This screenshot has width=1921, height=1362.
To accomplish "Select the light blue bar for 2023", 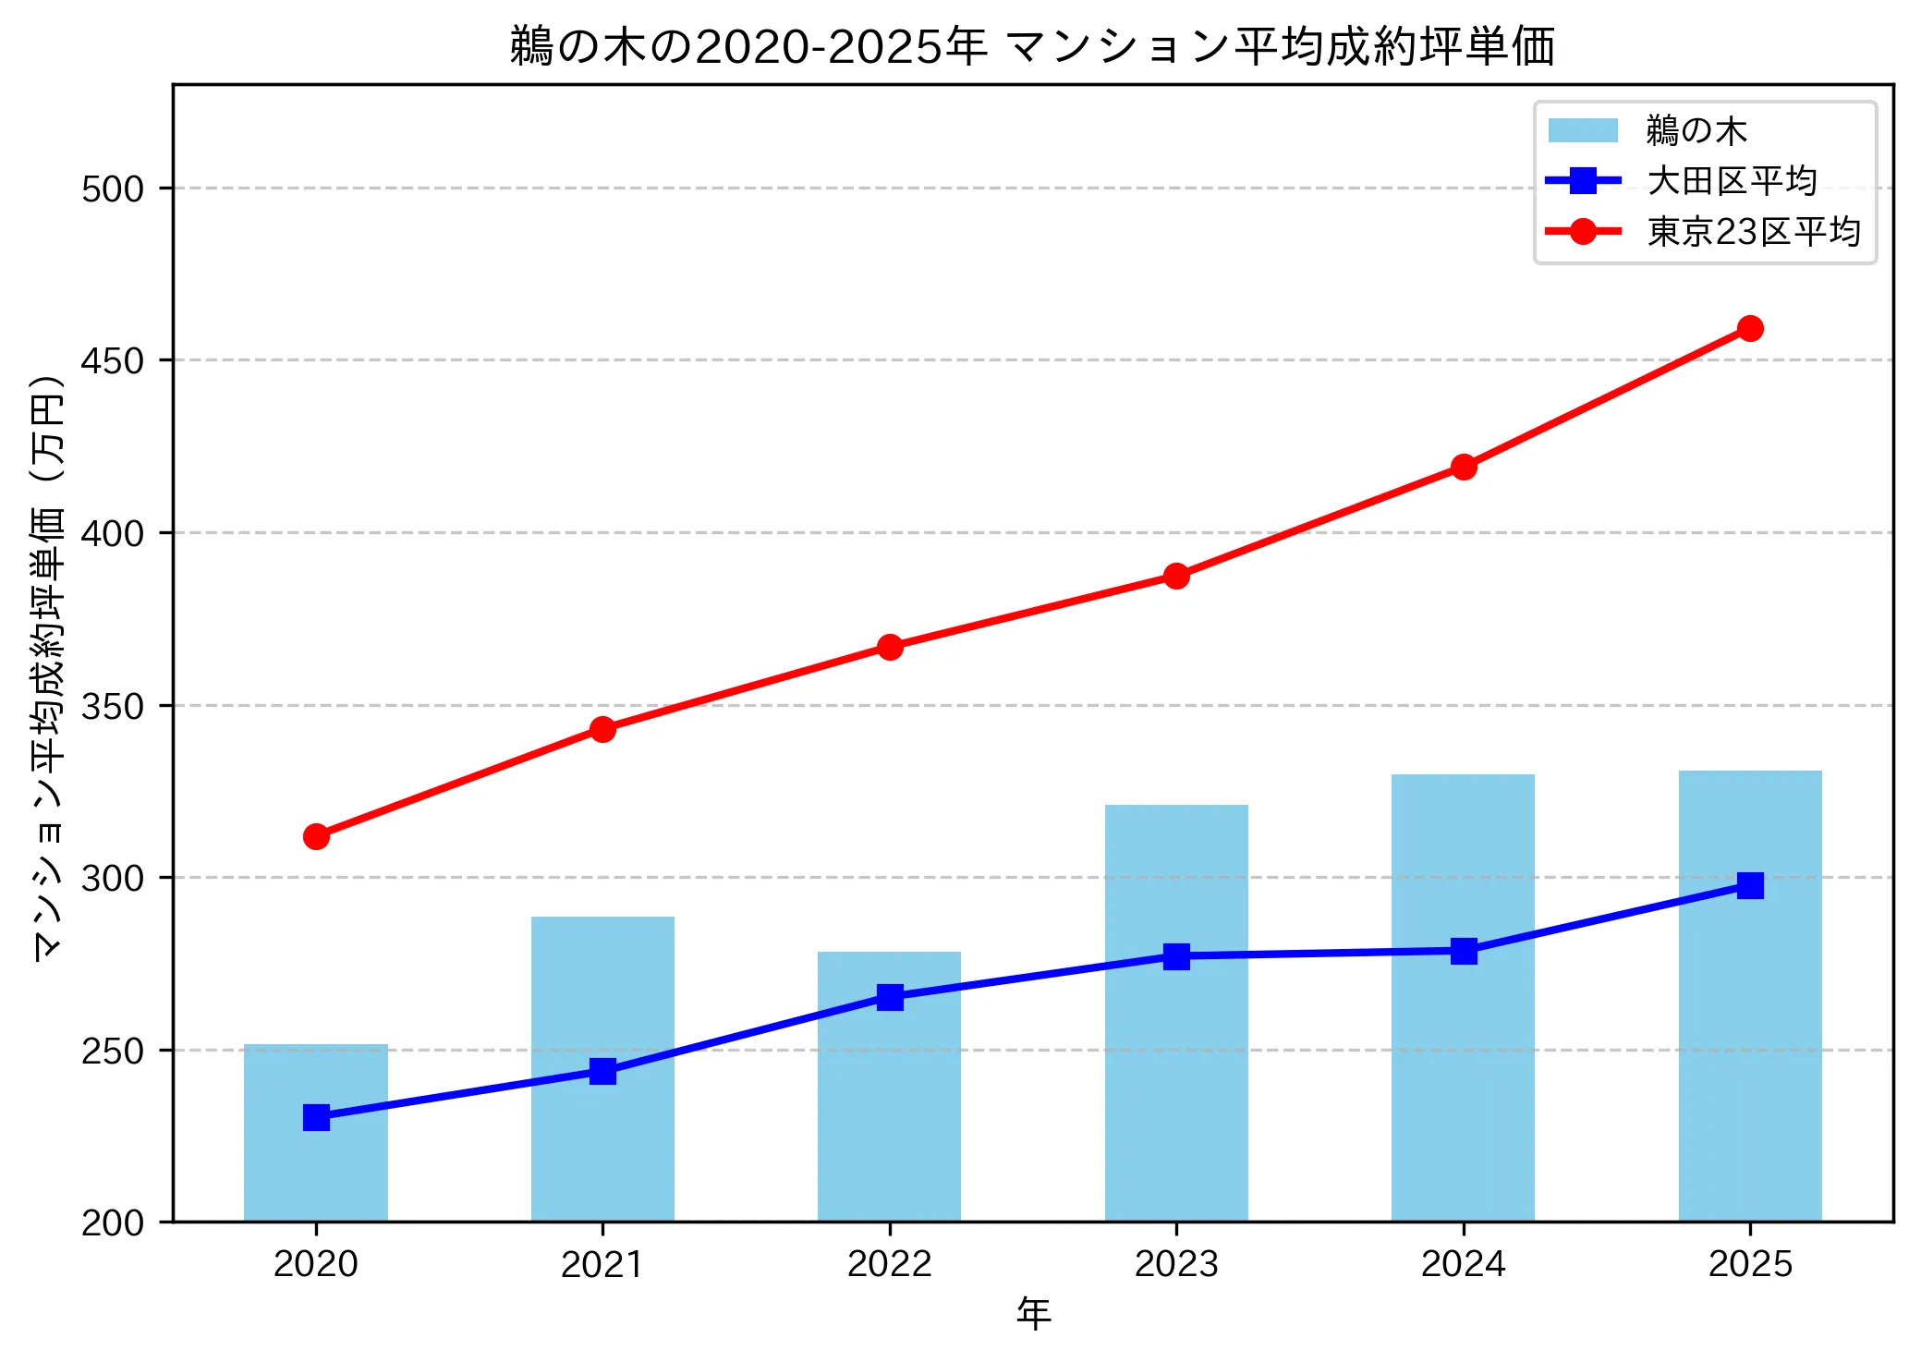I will [x=1176, y=1013].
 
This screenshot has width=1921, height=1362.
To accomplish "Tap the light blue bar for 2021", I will [x=602, y=1069].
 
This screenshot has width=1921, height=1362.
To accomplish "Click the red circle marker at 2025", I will [x=1750, y=328].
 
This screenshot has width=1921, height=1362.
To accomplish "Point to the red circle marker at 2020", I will [x=316, y=836].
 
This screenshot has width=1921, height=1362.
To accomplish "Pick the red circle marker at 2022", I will [x=890, y=647].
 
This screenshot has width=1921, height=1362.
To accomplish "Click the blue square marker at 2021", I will [x=602, y=1071].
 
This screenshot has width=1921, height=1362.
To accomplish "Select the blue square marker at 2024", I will [x=1464, y=951].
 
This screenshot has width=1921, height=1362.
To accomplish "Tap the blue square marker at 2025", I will [x=1750, y=885].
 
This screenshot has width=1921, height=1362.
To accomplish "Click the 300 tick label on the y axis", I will [x=113, y=878].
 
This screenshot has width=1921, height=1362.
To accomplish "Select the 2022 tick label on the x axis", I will [x=890, y=1263].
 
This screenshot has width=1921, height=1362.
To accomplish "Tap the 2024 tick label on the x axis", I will [x=1464, y=1263].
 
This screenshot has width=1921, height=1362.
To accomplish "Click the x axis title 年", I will [x=1033, y=1313].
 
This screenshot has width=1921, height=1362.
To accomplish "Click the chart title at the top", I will [x=1032, y=46].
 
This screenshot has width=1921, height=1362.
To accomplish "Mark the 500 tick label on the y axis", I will [x=113, y=188].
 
